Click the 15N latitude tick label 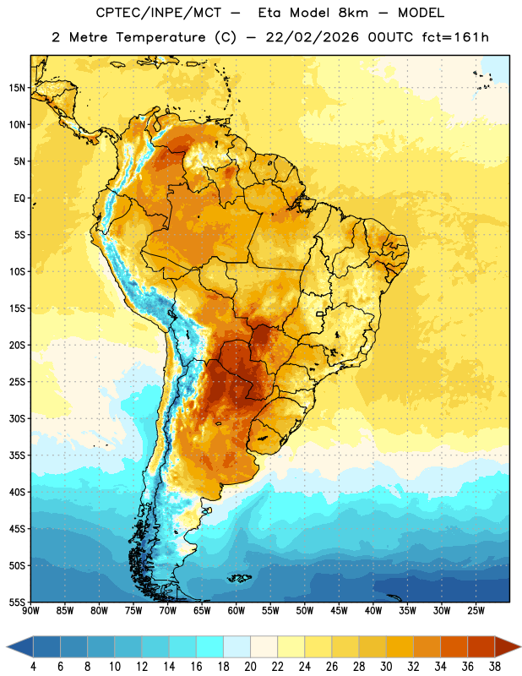pyautogui.click(x=17, y=88)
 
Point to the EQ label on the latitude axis pyautogui.click(x=19, y=199)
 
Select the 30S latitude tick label pyautogui.click(x=17, y=418)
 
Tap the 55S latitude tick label pyautogui.click(x=17, y=602)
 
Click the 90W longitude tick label pyautogui.click(x=31, y=611)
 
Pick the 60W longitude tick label pyautogui.click(x=237, y=611)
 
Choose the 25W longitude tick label pyautogui.click(x=476, y=611)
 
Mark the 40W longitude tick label pyautogui.click(x=373, y=611)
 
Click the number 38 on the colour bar pyautogui.click(x=495, y=667)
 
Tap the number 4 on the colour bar pyautogui.click(x=33, y=667)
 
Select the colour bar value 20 pyautogui.click(x=250, y=667)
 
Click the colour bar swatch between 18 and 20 pyautogui.click(x=237, y=646)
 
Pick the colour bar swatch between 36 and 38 pyautogui.click(x=481, y=646)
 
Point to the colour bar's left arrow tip pyautogui.click(x=7, y=646)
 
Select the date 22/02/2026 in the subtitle pyautogui.click(x=312, y=37)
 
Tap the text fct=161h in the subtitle pyautogui.click(x=455, y=37)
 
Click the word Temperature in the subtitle pyautogui.click(x=160, y=37)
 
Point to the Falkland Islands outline pyautogui.click(x=239, y=578)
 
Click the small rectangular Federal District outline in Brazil pyautogui.click(x=320, y=313)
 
